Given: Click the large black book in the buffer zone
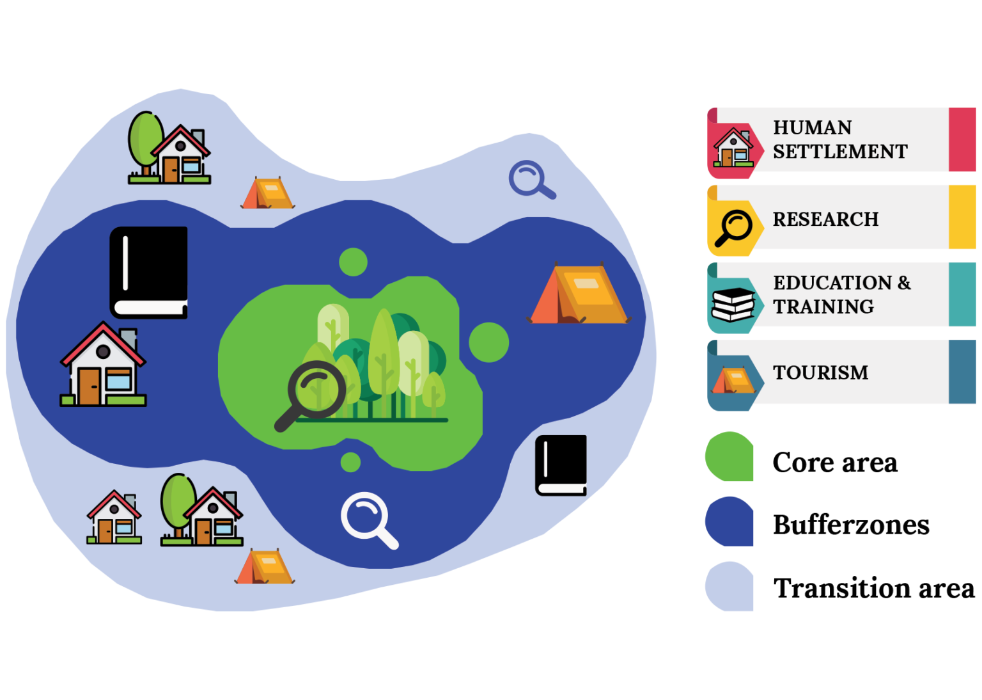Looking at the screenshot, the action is click(148, 273).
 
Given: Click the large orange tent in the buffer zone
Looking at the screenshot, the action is click(579, 293).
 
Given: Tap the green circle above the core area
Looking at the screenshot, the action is click(353, 262).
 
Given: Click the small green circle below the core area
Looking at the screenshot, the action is click(350, 462).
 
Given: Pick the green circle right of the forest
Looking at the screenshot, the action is click(489, 342).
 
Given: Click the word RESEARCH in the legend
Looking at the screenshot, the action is click(825, 219).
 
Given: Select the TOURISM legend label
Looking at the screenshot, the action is click(820, 372).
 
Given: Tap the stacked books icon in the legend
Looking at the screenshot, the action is click(733, 305).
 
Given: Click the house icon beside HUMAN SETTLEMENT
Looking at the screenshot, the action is click(733, 147).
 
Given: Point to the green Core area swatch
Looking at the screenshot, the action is click(729, 456).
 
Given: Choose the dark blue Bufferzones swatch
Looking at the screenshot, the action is click(729, 521).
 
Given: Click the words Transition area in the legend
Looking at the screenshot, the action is click(874, 588).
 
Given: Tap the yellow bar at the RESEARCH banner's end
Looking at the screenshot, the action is click(962, 217).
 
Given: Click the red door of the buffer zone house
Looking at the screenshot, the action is click(89, 386).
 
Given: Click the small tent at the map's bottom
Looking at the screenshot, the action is click(264, 566).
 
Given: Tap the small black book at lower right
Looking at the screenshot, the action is click(561, 465).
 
